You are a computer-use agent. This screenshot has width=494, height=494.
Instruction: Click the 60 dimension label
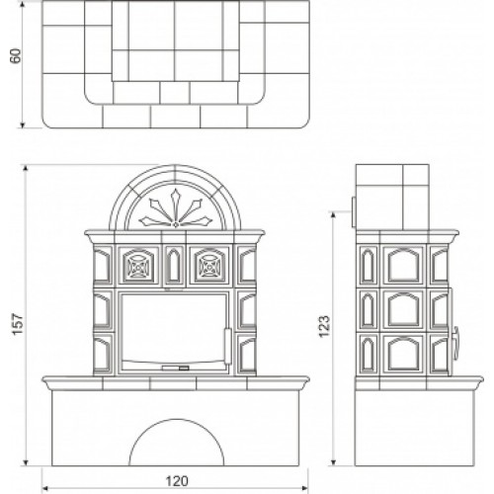pos(16,56)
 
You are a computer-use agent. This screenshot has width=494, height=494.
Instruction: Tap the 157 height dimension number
pos(18,325)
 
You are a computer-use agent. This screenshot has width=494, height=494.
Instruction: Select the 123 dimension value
pos(324,326)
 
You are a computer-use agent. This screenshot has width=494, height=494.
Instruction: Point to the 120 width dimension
pos(177,481)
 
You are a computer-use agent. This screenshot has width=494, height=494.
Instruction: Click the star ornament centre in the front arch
pos(176,224)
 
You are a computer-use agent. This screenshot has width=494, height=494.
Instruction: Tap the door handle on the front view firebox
pos(228,346)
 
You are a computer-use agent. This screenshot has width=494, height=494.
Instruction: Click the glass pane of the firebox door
pos(174,328)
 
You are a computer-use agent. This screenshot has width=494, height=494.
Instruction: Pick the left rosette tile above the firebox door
pos(138,266)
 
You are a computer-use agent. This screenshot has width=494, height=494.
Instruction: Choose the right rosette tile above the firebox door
pos(210,266)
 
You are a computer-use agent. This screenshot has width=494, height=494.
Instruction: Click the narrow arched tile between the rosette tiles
pos(174,266)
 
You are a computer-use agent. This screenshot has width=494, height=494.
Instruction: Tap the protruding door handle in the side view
pos(455,344)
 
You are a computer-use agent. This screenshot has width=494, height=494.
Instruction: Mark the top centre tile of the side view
pos(403,266)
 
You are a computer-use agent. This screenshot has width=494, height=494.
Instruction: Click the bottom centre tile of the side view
pos(403,354)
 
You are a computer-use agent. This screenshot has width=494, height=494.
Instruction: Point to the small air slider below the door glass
pos(176,368)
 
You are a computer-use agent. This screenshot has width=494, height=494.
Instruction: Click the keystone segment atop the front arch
pos(175,173)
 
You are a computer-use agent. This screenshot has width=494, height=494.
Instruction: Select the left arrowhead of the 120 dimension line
pos(45,488)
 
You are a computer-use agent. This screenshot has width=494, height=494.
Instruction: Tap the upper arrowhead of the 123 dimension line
pos(333,215)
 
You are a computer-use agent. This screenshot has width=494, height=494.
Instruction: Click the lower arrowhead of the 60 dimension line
pos(23,124)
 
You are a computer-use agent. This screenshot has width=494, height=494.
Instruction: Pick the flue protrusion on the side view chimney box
pos(354,212)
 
